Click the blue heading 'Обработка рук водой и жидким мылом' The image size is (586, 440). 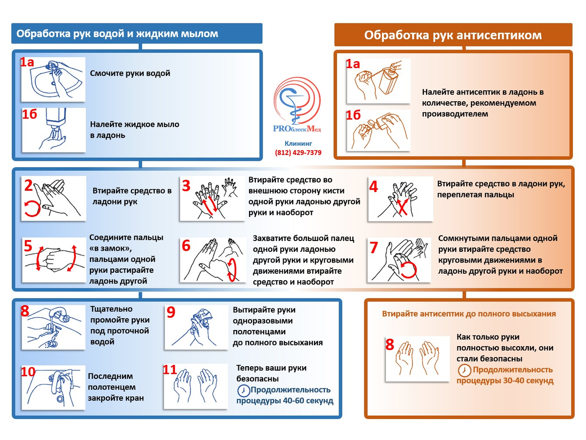pyautogui.click(x=117, y=34)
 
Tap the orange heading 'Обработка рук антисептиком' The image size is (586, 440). pyautogui.click(x=453, y=35)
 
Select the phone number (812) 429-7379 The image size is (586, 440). pyautogui.click(x=298, y=153)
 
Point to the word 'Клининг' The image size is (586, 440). pyautogui.click(x=298, y=144)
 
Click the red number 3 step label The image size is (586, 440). pyautogui.click(x=186, y=186)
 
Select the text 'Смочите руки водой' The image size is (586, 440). pyautogui.click(x=130, y=73)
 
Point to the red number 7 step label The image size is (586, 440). pyautogui.click(x=374, y=248)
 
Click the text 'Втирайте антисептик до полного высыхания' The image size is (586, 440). pyautogui.click(x=469, y=314)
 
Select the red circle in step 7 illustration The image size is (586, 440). pyautogui.click(x=409, y=268)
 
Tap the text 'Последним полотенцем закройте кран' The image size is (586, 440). pyautogui.click(x=116, y=387)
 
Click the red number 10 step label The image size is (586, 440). pyautogui.click(x=28, y=372)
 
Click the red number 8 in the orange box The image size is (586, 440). pyautogui.click(x=390, y=345)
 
